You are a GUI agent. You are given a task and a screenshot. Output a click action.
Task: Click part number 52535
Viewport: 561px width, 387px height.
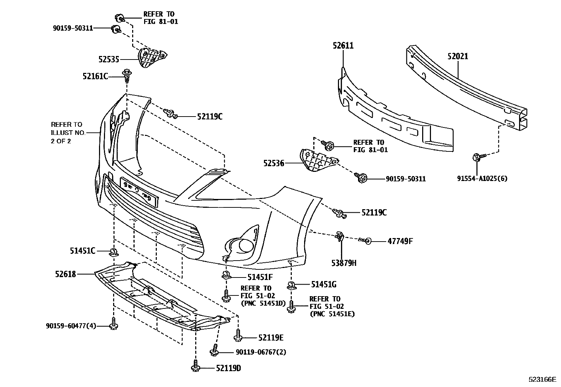tap(109, 60)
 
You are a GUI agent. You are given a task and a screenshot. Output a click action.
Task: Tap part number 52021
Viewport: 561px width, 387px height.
tap(458, 56)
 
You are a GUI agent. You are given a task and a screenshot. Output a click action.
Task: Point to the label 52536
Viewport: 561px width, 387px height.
tap(273, 163)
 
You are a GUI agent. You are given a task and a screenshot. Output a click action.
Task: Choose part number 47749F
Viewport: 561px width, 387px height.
tap(400, 241)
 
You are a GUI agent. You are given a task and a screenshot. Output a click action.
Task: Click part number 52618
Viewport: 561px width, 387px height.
tap(65, 274)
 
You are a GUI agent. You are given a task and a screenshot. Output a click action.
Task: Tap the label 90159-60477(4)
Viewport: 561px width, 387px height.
tap(70, 326)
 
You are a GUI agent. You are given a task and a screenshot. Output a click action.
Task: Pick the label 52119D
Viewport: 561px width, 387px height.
tap(228, 368)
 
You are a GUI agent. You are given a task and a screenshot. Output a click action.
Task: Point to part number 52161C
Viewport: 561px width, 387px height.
tap(95, 76)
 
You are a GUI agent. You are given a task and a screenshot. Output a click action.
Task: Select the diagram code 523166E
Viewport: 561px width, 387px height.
tap(542, 380)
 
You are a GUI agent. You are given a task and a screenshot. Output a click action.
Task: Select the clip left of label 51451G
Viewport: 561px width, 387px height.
tap(291, 285)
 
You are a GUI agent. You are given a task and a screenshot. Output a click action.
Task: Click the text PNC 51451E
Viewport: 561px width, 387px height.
tap(332, 314)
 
